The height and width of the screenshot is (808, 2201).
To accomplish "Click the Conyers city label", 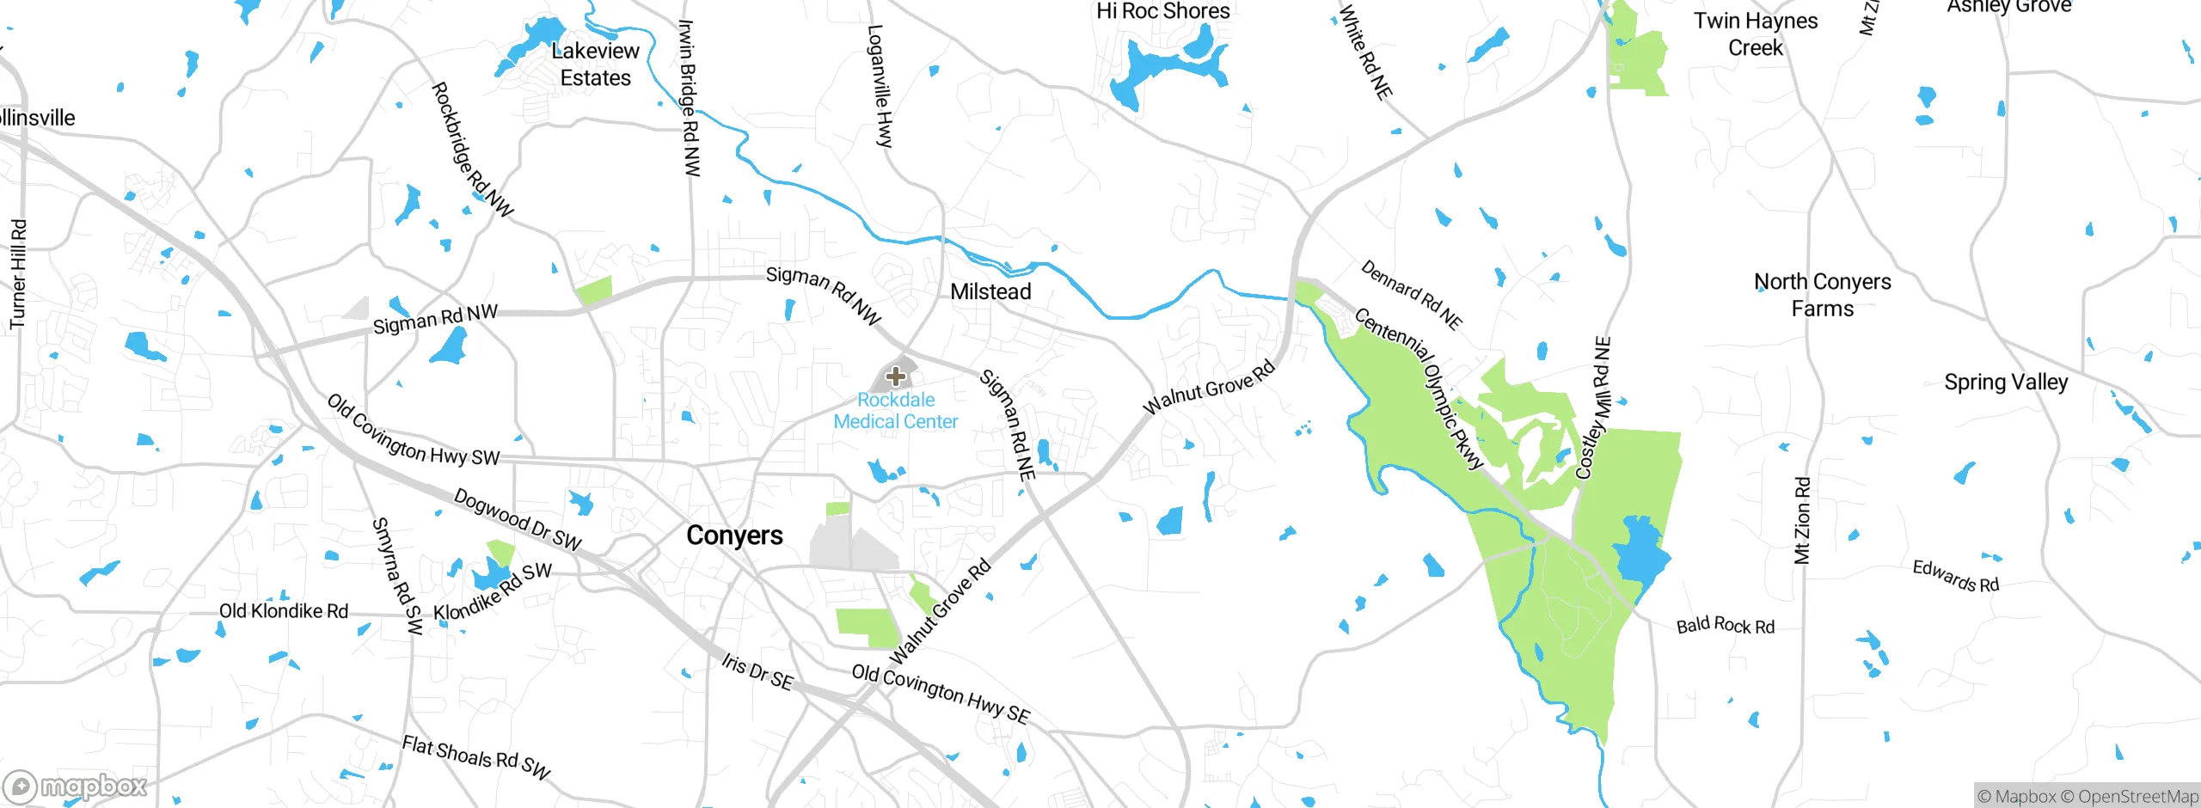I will (734, 536).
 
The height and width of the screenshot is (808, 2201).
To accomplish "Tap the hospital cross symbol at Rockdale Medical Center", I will (895, 376).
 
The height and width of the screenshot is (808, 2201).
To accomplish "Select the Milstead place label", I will (990, 292).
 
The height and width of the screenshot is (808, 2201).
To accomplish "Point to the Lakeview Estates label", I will (595, 64).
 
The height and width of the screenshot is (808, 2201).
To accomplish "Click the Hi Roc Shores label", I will (1162, 11).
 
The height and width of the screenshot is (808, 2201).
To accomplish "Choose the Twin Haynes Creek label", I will (1756, 34).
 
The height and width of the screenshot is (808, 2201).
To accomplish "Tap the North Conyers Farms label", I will (1822, 295).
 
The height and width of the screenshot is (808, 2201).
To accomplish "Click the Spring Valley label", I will (2006, 383).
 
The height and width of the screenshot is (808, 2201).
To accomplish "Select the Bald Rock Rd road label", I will (1725, 626).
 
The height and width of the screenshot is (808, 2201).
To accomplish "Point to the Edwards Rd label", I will (1955, 576).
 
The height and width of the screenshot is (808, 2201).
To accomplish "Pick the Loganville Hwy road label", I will (880, 86).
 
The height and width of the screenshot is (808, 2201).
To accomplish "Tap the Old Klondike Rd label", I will (283, 611).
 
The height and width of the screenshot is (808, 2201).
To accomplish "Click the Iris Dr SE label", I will (757, 671).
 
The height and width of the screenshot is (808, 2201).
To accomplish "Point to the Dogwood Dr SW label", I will (518, 519).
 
